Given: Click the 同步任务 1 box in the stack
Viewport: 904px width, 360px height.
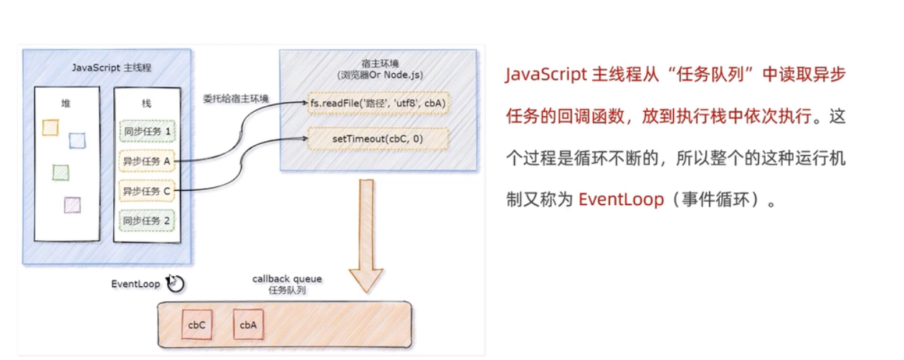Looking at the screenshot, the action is (x=146, y=132).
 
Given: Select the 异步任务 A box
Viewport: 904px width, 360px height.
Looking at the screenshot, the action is (x=146, y=161).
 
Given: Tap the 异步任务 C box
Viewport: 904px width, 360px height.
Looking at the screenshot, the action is (x=146, y=191).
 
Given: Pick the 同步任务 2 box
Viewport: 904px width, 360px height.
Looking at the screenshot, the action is (x=146, y=220).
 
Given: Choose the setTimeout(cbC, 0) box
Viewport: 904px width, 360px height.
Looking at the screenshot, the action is (x=378, y=138).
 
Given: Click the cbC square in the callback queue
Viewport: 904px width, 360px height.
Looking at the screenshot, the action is (x=197, y=325).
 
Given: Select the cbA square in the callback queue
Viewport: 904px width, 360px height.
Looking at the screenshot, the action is (x=248, y=325).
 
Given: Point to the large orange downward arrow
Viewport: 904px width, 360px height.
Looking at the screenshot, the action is (x=366, y=237).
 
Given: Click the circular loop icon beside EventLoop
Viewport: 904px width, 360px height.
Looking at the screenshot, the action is (x=174, y=283).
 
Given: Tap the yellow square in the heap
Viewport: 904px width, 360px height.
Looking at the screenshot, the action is (x=50, y=128).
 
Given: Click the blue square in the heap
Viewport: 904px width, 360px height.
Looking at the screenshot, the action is (x=77, y=141).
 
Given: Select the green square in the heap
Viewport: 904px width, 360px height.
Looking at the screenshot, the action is (x=61, y=172).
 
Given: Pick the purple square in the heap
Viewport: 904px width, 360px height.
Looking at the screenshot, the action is (x=72, y=205).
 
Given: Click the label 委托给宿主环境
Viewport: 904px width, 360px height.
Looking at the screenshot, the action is (x=236, y=98).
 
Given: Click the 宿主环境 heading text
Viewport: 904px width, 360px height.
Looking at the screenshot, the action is (x=378, y=63).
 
